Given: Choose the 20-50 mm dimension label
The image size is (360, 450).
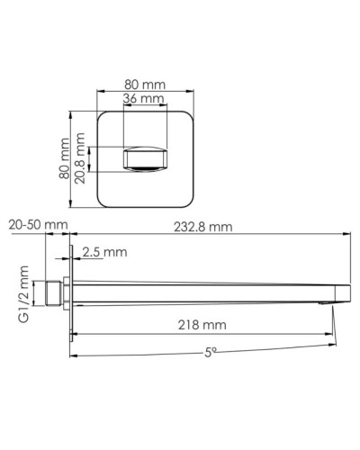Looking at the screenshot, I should click(x=35, y=226).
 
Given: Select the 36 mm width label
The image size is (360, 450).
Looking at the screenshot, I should click(x=144, y=98).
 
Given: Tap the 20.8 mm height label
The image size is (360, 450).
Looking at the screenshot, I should click(x=82, y=159).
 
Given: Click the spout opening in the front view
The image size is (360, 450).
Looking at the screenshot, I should click(x=145, y=160).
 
